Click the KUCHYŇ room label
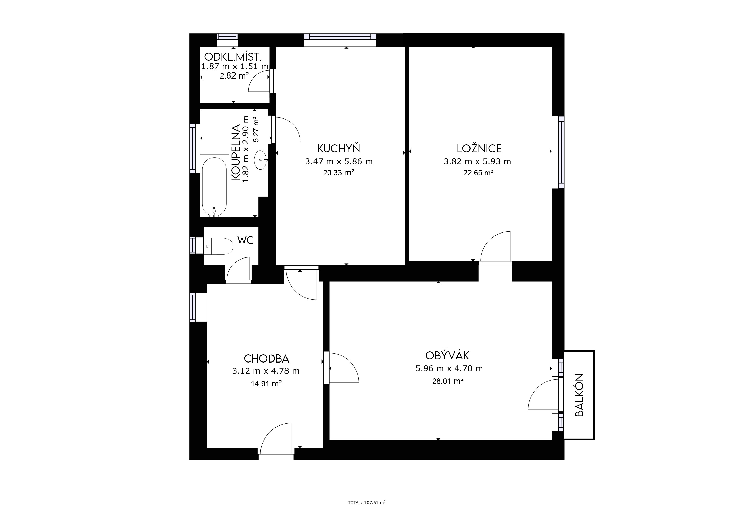(338, 149)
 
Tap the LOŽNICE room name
(479, 149)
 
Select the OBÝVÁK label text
(447, 355)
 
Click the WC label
(245, 240)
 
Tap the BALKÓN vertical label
(580, 395)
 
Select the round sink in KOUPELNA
(260, 160)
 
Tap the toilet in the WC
(218, 246)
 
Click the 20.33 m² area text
(339, 173)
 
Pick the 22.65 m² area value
(478, 173)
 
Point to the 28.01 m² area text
(448, 381)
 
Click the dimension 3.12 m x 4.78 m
(266, 371)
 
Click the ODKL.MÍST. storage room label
(233, 57)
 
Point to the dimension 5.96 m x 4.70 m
(449, 369)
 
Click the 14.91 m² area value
(267, 384)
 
